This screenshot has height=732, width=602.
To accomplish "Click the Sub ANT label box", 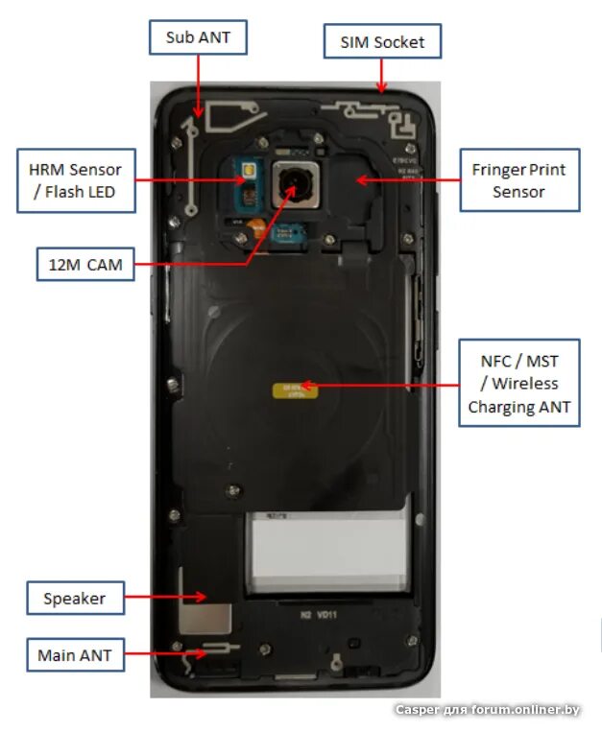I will (x=198, y=38).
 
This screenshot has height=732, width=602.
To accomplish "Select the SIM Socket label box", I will (x=382, y=42).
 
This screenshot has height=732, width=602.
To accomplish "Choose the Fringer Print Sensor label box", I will (x=518, y=180).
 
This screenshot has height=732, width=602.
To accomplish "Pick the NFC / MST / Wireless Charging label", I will (x=518, y=384).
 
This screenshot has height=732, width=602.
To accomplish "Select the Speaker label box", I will (x=74, y=599).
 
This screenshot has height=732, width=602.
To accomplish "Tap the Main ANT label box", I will (x=74, y=656).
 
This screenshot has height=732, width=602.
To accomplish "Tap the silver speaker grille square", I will (x=219, y=620).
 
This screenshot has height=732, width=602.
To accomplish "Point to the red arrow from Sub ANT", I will (x=198, y=86).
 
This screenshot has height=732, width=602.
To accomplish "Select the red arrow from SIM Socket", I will (x=382, y=75).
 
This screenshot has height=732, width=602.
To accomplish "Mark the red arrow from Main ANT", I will (x=163, y=654).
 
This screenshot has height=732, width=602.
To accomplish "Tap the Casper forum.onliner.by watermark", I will (x=488, y=710).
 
